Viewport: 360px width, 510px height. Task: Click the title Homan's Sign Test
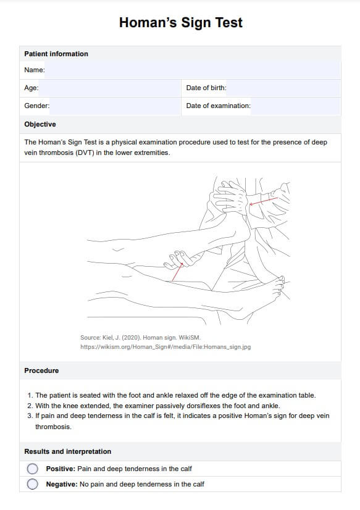(x=181, y=23)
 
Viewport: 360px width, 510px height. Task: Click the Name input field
(x=193, y=70)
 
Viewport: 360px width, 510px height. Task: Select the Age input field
(x=109, y=88)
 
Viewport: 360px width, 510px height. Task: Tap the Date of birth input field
(x=283, y=88)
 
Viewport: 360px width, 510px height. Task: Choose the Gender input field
(x=115, y=106)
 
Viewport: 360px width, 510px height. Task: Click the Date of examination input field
(x=296, y=106)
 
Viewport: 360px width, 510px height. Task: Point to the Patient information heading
(x=56, y=54)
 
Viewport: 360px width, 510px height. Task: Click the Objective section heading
(x=40, y=124)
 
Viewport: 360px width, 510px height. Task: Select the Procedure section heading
(x=41, y=371)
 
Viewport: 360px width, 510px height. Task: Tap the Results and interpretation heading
(x=68, y=451)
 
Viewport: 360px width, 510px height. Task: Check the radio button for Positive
(x=33, y=469)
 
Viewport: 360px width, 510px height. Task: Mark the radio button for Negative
(x=33, y=484)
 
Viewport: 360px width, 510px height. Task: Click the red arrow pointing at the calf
(x=177, y=272)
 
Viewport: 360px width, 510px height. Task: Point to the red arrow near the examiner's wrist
(x=264, y=201)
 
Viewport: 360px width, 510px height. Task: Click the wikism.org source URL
(x=165, y=347)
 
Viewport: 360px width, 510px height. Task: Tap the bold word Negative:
(x=62, y=484)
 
